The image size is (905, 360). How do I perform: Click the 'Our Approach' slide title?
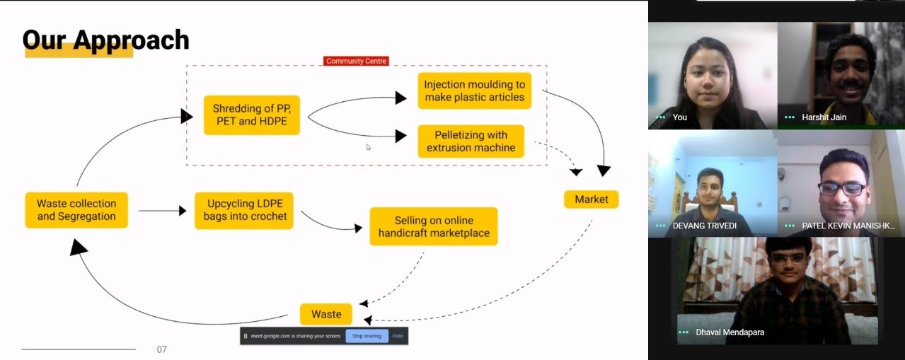point(105,40)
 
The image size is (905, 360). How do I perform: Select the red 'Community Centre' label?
point(357,62)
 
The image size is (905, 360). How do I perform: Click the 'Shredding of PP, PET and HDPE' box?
point(252,115)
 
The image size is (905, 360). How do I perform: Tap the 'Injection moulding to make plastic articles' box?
point(474,91)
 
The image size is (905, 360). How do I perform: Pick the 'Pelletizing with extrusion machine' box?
point(471,141)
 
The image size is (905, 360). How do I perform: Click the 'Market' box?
point(591,199)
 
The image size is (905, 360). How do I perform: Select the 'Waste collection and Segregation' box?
point(76,210)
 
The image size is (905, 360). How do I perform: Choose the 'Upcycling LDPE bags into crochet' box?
point(245,210)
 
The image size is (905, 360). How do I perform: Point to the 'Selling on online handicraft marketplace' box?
point(433,226)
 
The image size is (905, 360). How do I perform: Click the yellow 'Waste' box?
point(326,314)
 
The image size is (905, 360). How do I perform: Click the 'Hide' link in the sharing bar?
point(398,336)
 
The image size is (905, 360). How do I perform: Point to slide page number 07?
point(162,349)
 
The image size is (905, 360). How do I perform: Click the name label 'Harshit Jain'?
point(824,117)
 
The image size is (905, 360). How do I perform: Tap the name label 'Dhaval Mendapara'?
point(730,332)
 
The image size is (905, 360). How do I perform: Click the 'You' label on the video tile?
point(680,117)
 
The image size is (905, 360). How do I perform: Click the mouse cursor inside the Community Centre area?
point(368,147)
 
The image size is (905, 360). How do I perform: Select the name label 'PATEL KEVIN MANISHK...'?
point(848,226)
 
